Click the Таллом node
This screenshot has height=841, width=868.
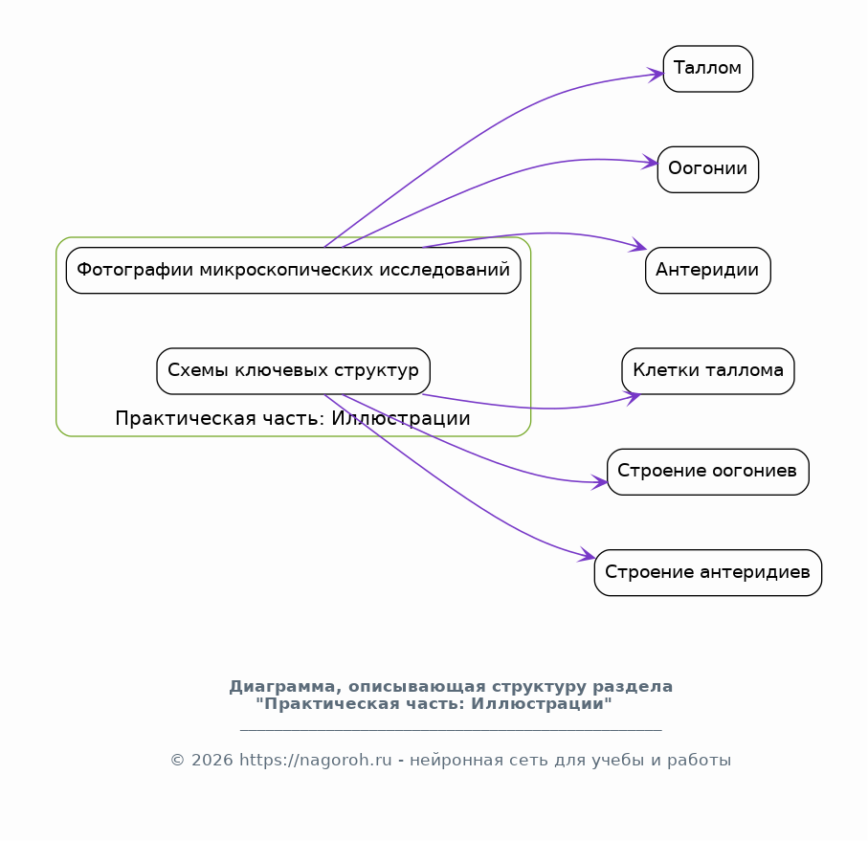pyautogui.click(x=707, y=69)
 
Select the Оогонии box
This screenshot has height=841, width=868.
pyautogui.click(x=707, y=169)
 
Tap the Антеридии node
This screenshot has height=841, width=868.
pyautogui.click(x=707, y=270)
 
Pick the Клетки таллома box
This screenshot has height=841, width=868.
pyautogui.click(x=707, y=370)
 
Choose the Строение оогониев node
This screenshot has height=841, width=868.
pyautogui.click(x=707, y=472)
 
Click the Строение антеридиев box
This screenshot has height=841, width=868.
pyautogui.click(x=707, y=572)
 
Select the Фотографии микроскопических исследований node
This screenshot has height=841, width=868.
pyautogui.click(x=293, y=270)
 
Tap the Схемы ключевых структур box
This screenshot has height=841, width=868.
pyautogui.click(x=293, y=370)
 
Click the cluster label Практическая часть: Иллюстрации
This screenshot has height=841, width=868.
pyautogui.click(x=292, y=418)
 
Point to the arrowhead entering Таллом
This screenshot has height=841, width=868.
pyautogui.click(x=656, y=74)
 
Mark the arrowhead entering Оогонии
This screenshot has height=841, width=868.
pyautogui.click(x=651, y=163)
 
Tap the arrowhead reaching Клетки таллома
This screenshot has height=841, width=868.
pyautogui.click(x=633, y=397)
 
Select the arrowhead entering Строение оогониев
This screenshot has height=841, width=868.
pyautogui.click(x=599, y=482)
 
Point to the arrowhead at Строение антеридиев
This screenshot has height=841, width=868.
pyautogui.click(x=587, y=555)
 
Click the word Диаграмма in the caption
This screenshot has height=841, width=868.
pyautogui.click(x=282, y=687)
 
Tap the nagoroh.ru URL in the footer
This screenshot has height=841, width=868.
pyautogui.click(x=316, y=761)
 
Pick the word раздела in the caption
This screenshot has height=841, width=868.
pyautogui.click(x=633, y=687)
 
